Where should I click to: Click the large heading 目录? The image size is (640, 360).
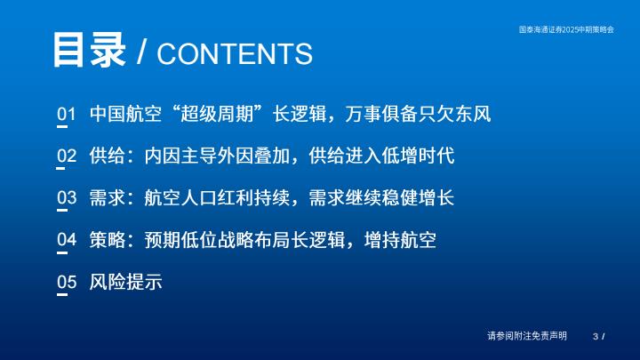[89, 50]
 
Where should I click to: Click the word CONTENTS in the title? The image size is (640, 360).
[235, 54]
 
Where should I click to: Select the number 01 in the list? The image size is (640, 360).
[67, 115]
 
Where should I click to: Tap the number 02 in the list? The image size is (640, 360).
[67, 156]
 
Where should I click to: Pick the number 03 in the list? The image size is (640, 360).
[67, 198]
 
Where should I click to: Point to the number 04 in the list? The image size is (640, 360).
[67, 240]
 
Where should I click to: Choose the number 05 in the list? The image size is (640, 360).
[67, 282]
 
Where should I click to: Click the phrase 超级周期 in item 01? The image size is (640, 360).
[217, 114]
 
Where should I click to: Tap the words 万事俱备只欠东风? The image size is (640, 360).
[418, 114]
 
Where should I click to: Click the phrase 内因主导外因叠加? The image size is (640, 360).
[217, 156]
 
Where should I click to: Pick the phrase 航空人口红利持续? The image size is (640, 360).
[217, 197]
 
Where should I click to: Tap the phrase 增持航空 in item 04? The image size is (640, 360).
[400, 240]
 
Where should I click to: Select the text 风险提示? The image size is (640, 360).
[125, 282]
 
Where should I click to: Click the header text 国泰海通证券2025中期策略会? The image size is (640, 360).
[566, 29]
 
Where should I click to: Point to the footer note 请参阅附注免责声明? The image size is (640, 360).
[527, 336]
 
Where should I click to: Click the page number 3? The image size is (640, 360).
[596, 336]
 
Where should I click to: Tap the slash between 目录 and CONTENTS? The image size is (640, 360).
[141, 52]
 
